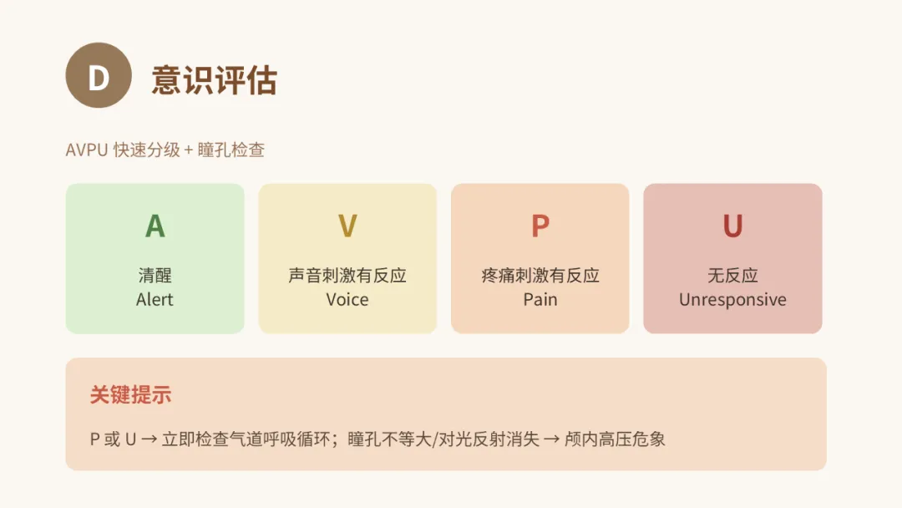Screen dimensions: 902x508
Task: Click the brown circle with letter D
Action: (x=99, y=75)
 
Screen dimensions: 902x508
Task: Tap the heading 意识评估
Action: (x=215, y=79)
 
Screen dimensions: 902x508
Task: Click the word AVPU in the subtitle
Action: (x=87, y=150)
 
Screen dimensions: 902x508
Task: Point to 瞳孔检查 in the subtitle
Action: (x=231, y=150)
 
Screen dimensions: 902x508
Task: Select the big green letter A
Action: (x=155, y=226)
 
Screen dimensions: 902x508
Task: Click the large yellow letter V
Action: (x=347, y=226)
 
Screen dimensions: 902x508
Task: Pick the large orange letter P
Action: (x=540, y=226)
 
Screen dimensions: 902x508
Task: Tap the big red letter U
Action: (x=733, y=226)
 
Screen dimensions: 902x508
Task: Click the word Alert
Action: (x=155, y=300)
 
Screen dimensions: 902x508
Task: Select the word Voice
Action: (x=347, y=300)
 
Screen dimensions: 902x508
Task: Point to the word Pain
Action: (x=540, y=300)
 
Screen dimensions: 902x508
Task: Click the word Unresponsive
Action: (x=733, y=300)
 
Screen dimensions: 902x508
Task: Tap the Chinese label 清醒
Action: (x=155, y=276)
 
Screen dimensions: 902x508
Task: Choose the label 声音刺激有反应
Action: (x=347, y=276)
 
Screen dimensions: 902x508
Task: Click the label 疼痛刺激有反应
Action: (x=540, y=276)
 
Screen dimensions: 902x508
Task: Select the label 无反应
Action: (x=733, y=276)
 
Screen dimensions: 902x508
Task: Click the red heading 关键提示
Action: (x=130, y=395)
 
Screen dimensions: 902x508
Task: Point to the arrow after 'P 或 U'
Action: (x=149, y=439)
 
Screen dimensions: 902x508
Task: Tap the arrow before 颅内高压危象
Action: (x=552, y=439)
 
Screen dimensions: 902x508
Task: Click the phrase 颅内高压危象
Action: (x=615, y=439)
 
